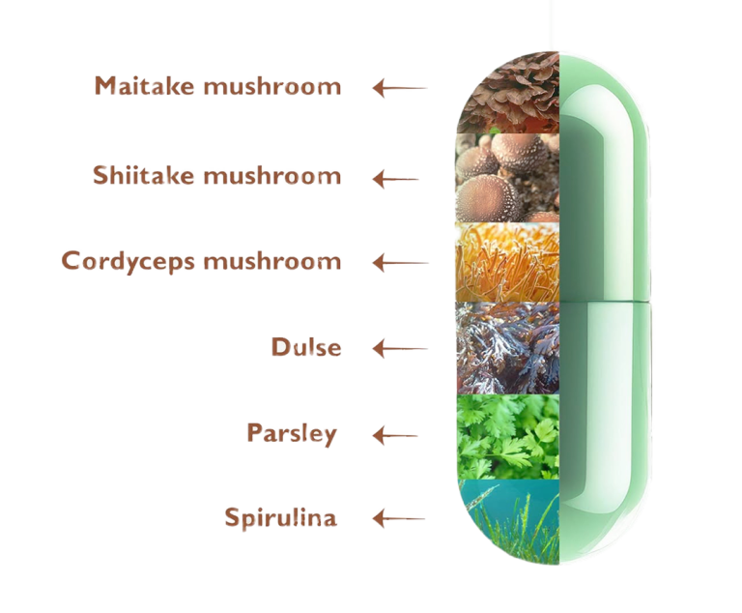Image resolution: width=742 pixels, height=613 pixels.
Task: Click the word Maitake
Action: (x=145, y=85)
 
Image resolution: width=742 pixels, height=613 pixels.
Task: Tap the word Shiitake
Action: (x=143, y=175)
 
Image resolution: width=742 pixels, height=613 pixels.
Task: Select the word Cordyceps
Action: (x=128, y=262)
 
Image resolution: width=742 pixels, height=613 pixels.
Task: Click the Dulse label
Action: (x=306, y=347)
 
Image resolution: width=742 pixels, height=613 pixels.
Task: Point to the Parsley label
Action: (x=292, y=433)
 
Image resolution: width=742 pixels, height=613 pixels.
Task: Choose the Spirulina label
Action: (x=280, y=517)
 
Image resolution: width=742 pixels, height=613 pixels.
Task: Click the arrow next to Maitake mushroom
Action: (x=400, y=88)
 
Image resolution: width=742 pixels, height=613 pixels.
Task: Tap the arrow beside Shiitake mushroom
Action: (x=395, y=180)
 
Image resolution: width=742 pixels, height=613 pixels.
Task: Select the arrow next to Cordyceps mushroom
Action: (x=400, y=263)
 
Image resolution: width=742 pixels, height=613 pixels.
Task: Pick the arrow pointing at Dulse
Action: (x=400, y=349)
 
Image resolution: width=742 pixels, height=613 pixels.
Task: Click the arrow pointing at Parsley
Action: (x=395, y=436)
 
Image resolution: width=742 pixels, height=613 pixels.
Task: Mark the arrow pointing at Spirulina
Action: (x=398, y=518)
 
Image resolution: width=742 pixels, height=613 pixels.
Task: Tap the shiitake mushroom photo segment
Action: (x=507, y=178)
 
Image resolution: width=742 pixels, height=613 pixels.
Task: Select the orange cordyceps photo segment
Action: (x=507, y=262)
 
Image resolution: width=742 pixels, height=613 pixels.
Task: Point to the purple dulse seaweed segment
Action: (x=507, y=348)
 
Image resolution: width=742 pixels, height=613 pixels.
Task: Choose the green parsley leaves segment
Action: (x=507, y=437)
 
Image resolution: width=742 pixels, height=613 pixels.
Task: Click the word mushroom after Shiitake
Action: (x=272, y=176)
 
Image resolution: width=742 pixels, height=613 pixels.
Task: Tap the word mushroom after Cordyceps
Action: (x=272, y=261)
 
